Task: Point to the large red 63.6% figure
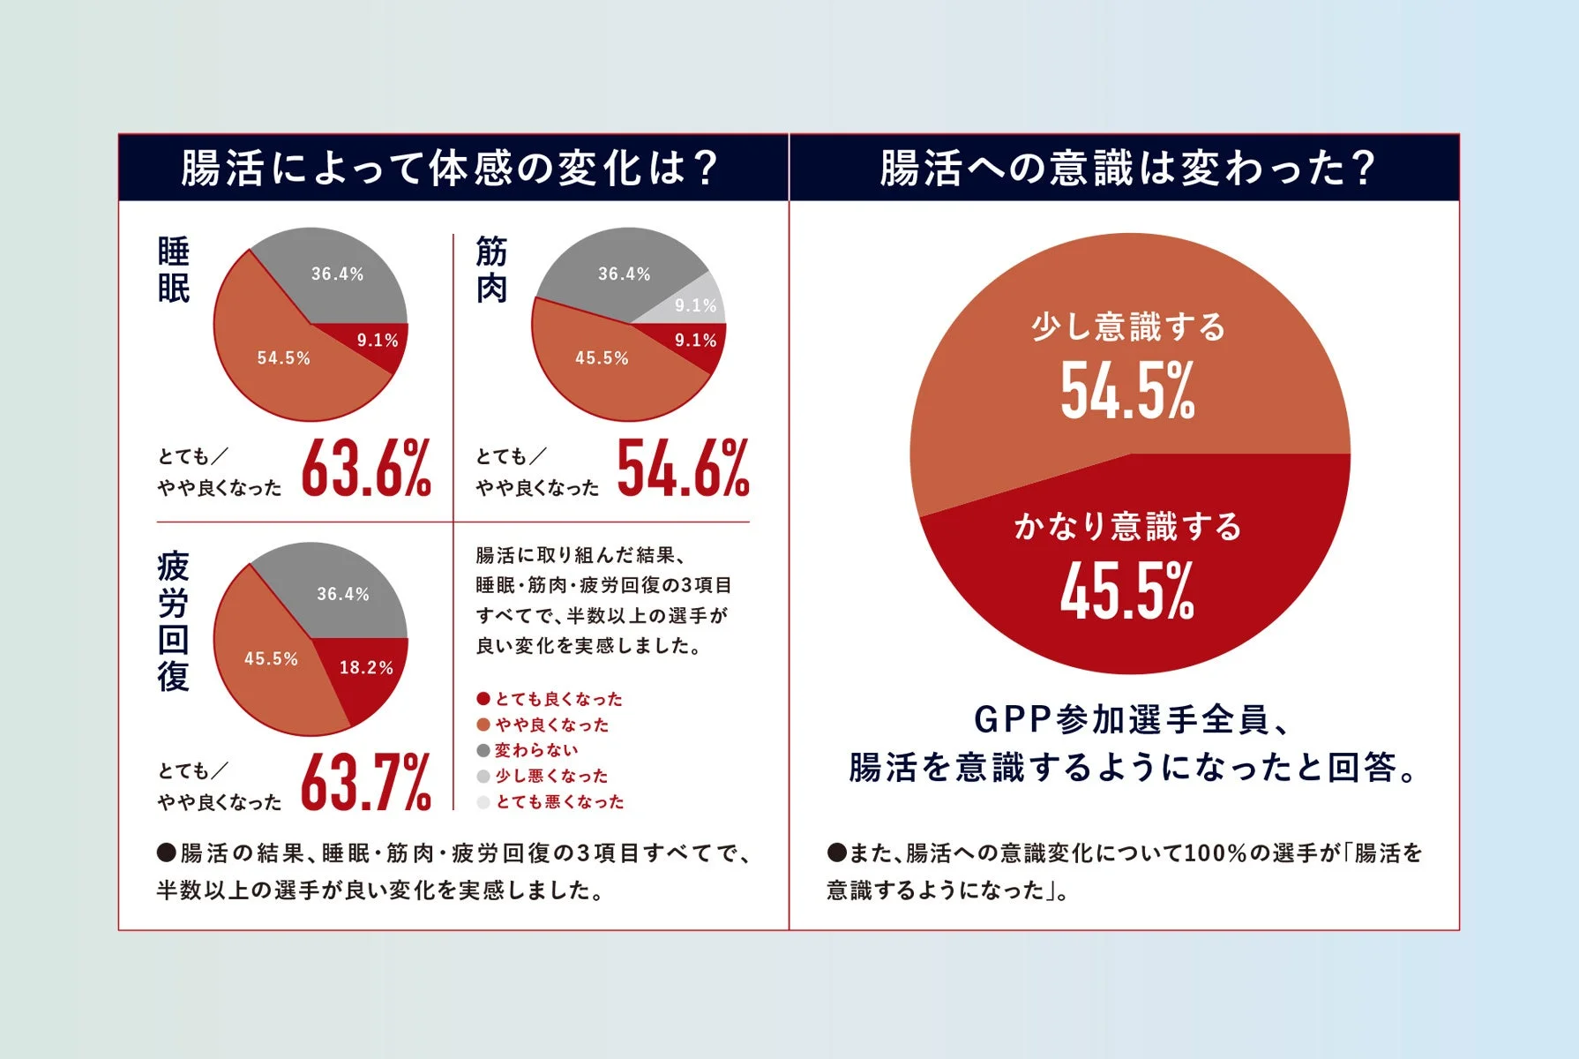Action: [366, 469]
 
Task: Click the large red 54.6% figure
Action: [684, 469]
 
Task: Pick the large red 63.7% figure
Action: [366, 783]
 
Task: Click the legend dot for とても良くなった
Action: [483, 699]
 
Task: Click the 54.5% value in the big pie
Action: [1127, 391]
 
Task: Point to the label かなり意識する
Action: [1127, 527]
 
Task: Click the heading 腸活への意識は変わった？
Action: [1126, 168]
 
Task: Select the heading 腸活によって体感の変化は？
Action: [450, 168]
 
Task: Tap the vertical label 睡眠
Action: [174, 270]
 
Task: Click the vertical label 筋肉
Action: [491, 270]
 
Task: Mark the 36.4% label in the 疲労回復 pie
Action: [343, 595]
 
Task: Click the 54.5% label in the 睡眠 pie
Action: [284, 358]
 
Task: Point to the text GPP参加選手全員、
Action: [1133, 720]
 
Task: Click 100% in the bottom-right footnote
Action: [1216, 853]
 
